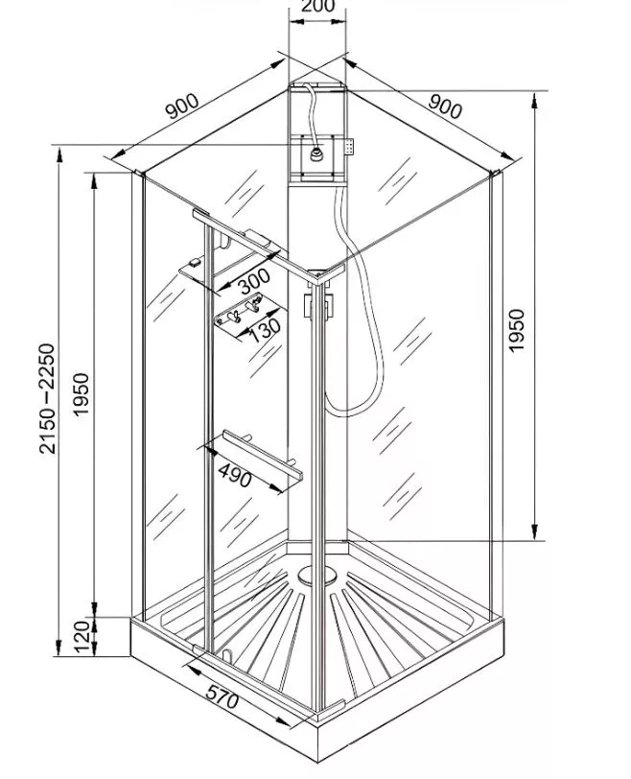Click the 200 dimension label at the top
coord(317,6)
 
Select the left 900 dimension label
coord(182,106)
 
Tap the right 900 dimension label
coord(445,106)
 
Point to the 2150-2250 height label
coord(47,398)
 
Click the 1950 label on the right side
coord(517,330)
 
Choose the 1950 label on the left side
coord(81,395)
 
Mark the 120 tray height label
coord(82,636)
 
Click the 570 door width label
coord(222,696)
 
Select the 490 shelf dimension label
coord(235,475)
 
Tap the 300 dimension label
coord(254,282)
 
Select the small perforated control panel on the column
coord(350,147)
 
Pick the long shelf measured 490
coord(262,454)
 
